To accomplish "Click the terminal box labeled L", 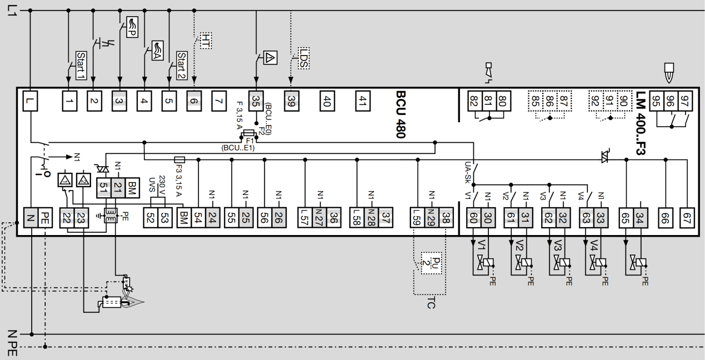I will click(29, 101).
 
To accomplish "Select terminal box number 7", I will click(219, 101).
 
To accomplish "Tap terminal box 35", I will click(256, 101).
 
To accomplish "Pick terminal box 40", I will click(327, 101).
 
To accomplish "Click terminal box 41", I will click(362, 101).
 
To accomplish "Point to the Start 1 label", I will click(80, 65).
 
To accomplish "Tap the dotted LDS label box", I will click(303, 57).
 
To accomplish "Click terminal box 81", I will click(488, 101).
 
